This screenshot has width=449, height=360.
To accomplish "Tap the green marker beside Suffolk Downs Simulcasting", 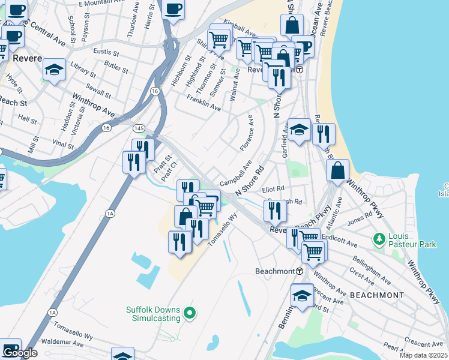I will point(190,313).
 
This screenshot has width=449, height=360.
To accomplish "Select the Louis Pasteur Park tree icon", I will point(379,239).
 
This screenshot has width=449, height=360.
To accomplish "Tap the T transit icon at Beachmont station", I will point(299,271).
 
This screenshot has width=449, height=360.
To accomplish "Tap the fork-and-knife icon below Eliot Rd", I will point(274,210).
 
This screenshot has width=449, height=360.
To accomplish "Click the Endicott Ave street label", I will point(338,238).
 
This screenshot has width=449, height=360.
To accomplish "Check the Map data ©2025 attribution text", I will point(424,355).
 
